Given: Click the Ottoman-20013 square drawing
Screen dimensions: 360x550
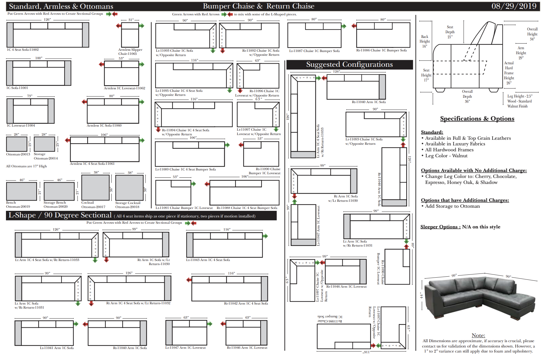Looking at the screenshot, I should (17, 144).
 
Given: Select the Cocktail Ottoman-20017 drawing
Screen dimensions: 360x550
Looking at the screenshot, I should (95, 187).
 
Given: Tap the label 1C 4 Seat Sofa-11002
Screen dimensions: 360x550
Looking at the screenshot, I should (23, 50).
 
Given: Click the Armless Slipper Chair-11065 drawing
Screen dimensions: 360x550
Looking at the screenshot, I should (130, 35).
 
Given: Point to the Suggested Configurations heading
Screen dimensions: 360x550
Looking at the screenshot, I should (349, 65).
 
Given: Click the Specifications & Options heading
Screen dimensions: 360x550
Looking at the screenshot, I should (477, 119).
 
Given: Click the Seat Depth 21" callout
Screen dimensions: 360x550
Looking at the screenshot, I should (450, 32).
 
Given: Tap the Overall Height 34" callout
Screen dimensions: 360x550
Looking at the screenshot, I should (532, 34).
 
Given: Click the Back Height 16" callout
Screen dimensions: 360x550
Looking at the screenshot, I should (425, 41).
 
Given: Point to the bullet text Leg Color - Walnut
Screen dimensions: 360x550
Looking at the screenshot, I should (446, 156).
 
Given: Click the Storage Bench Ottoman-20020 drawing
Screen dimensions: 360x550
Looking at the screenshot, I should (59, 191).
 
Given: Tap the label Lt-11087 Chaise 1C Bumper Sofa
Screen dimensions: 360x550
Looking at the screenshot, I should (314, 51).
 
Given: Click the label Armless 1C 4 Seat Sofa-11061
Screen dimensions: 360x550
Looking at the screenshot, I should (92, 164).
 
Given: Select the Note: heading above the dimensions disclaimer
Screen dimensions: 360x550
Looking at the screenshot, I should (478, 335).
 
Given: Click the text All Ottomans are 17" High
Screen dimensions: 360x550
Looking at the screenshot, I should (26, 166).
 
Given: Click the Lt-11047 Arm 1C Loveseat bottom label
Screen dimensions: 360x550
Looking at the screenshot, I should (186, 348).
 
